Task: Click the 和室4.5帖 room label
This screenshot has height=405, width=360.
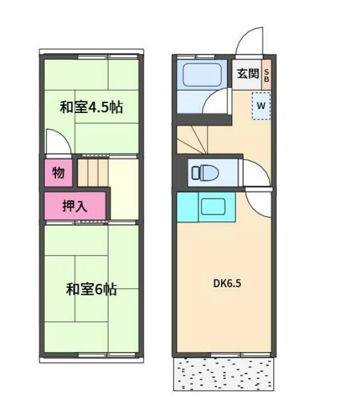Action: [91, 108]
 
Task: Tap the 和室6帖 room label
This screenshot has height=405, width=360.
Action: [91, 290]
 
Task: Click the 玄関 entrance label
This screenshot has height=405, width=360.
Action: [247, 74]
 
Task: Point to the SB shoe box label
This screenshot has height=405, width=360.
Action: [266, 75]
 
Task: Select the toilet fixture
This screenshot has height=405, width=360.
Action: [205, 173]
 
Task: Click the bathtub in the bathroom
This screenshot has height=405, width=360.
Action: [202, 75]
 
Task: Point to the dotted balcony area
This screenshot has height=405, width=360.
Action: [224, 373]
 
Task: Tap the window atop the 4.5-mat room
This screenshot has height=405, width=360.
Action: [91, 57]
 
